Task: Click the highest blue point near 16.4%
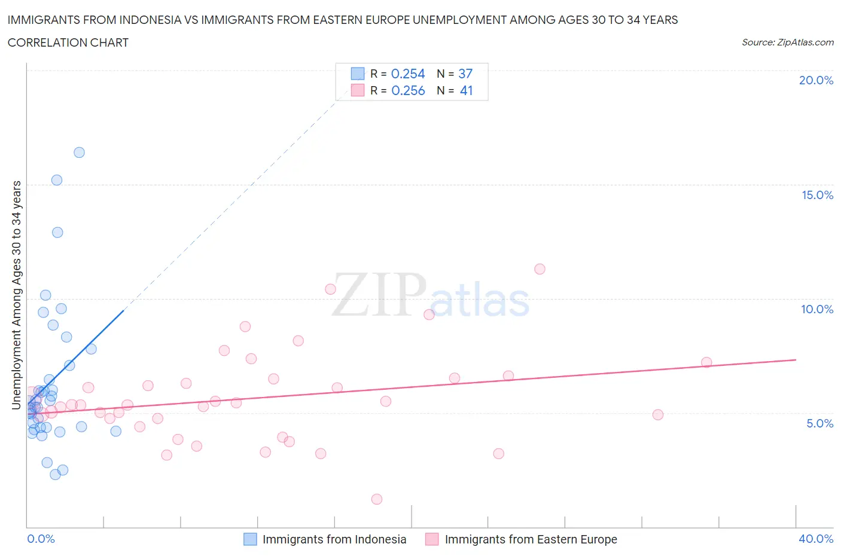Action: [x=79, y=152]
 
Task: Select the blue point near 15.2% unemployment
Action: [x=57, y=180]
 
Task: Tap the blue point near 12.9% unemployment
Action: [x=57, y=233]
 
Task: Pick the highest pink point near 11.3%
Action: [x=540, y=269]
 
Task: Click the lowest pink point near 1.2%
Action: [x=377, y=499]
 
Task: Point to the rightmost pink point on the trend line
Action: [x=706, y=362]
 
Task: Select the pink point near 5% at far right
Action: [x=658, y=415]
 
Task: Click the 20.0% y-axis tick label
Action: [x=816, y=80]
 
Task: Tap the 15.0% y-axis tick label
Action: [x=817, y=195]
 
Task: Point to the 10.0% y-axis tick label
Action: [x=817, y=309]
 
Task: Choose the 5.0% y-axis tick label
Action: [x=819, y=423]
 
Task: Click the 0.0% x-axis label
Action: [x=41, y=539]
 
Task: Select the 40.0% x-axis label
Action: [x=816, y=539]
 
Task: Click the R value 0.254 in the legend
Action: [x=408, y=74]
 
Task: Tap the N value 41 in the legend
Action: [x=466, y=90]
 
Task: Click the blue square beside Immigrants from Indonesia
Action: [x=250, y=539]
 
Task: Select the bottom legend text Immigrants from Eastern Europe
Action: [x=531, y=539]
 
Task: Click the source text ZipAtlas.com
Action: [x=805, y=42]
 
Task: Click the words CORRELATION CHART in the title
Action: [x=68, y=42]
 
